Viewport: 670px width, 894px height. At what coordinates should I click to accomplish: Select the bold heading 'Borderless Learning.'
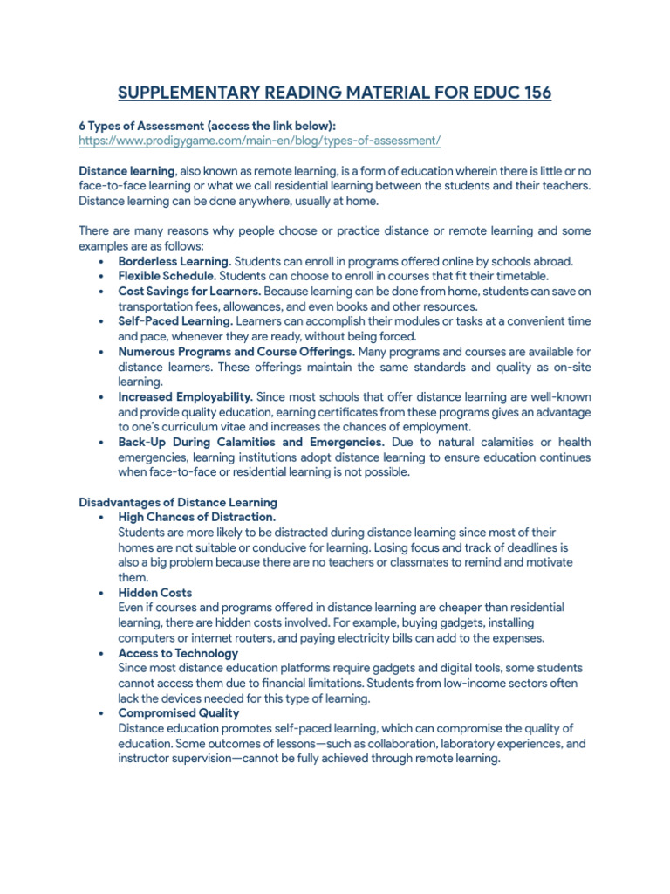[174, 262]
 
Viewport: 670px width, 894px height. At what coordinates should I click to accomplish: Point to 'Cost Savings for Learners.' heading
[189, 292]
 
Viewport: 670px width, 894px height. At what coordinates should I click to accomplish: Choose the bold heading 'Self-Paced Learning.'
[175, 321]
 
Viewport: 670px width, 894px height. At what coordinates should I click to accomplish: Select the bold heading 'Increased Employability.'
[186, 397]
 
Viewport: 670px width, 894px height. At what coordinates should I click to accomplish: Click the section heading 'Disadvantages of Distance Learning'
[178, 503]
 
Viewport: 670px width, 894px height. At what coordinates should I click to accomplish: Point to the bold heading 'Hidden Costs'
[155, 593]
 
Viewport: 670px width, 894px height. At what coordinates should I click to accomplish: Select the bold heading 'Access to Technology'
[178, 653]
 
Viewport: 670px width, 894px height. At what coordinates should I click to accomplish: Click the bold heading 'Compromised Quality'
[178, 713]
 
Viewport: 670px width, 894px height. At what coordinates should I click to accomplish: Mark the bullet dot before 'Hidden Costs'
[103, 593]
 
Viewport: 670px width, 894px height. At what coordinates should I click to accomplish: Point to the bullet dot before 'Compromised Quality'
[103, 713]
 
